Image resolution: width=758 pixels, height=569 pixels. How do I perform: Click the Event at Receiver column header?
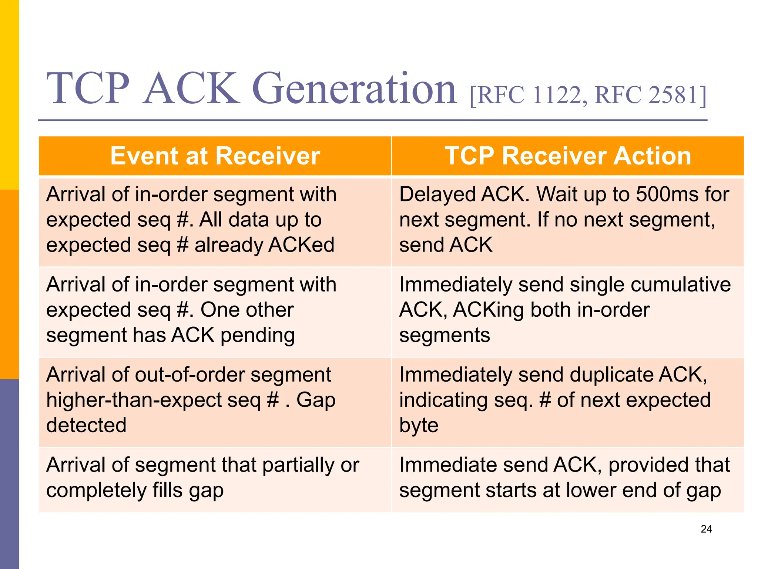click(215, 156)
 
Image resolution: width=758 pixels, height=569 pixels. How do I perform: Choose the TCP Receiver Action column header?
click(568, 156)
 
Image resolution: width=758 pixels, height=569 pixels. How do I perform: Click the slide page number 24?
click(706, 529)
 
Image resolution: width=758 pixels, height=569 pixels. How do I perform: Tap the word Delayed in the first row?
click(437, 195)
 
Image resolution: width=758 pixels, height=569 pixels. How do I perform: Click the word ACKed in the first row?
click(301, 245)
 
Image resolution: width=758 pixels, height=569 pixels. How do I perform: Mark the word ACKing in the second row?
click(488, 310)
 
